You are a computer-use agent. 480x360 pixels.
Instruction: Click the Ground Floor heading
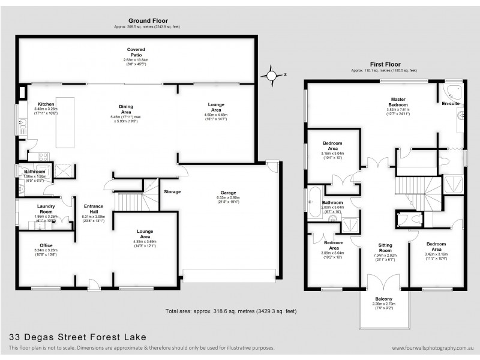[x=147, y=20]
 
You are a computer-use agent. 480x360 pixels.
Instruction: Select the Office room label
[x=46, y=245]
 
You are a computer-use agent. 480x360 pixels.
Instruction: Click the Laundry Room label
[x=46, y=208]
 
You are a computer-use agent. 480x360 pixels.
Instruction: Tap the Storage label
[x=173, y=191]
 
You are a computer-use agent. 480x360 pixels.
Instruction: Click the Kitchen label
[x=46, y=104]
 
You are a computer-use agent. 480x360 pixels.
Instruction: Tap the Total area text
[x=230, y=311]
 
